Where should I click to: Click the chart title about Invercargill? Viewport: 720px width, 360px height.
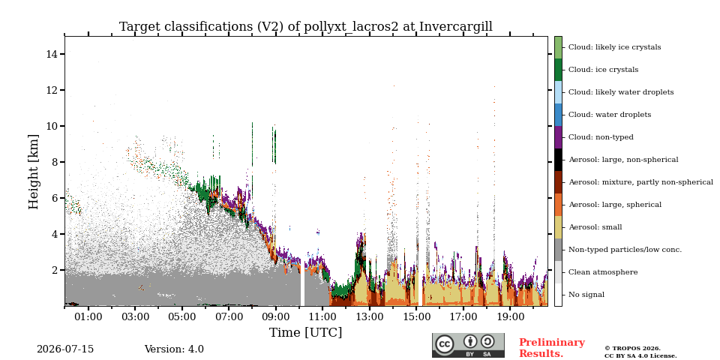point(306,27)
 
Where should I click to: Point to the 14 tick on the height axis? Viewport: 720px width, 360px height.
point(53,54)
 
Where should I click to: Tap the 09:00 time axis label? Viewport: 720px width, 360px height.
point(276,317)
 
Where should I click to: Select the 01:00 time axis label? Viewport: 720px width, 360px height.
point(88,317)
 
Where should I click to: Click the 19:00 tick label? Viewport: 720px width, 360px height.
point(511,317)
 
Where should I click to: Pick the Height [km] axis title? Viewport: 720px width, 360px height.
point(34,172)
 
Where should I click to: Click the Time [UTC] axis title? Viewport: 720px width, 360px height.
point(306,332)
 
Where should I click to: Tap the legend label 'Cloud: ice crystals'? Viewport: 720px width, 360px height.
point(603,70)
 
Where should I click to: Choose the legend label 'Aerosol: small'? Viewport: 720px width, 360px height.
point(595,227)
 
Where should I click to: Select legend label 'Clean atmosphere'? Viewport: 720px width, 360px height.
point(603,272)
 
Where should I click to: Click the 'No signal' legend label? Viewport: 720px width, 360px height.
point(586,295)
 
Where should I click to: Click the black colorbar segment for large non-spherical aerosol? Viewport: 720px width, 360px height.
point(558,160)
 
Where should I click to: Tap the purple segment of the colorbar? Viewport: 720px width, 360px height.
point(558,137)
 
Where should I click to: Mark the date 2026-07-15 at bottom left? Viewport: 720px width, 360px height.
point(65,349)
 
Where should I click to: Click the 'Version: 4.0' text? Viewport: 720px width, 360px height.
point(174,349)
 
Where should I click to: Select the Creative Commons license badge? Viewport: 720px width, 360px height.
point(468,345)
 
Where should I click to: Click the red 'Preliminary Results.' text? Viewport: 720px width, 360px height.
point(552,348)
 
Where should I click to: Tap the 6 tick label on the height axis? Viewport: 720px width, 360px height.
point(56,198)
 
